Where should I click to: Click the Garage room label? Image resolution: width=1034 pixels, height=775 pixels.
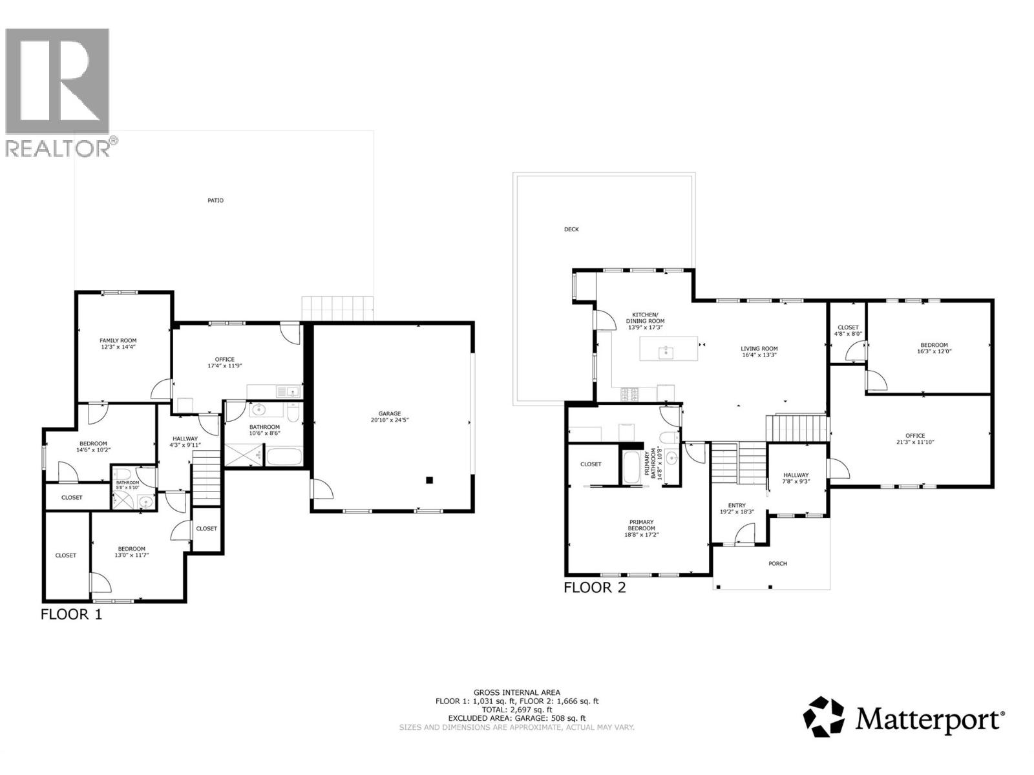390,413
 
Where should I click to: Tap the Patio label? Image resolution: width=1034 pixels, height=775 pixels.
215,201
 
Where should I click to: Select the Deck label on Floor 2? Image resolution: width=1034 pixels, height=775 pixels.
571,229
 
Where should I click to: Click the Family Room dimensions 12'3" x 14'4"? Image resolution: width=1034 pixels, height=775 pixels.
118,347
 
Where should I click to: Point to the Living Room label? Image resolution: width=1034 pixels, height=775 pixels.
759,349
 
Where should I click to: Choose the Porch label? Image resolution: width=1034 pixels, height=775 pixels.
777,564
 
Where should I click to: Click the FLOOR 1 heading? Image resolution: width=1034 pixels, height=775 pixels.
71,614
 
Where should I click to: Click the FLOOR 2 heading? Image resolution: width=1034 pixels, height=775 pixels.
595,588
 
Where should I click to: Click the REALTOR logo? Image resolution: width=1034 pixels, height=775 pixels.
58,90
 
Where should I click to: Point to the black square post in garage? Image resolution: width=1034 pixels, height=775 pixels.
429,480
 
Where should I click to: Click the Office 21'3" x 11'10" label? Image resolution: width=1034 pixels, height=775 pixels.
915,439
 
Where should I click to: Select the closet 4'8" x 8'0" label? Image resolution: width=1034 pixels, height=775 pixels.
847,331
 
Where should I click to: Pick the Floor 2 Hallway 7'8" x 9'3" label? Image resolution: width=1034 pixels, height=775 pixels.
796,479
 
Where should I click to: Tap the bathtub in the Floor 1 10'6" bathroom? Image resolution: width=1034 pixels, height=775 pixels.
284,457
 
